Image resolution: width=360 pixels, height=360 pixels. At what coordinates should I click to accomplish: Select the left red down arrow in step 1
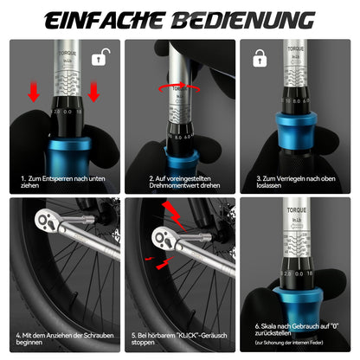click(x=34, y=93)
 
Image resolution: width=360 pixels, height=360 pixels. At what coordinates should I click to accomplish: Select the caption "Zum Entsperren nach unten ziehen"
click(x=59, y=183)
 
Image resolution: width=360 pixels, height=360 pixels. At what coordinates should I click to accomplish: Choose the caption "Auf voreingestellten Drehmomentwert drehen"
click(x=179, y=183)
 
